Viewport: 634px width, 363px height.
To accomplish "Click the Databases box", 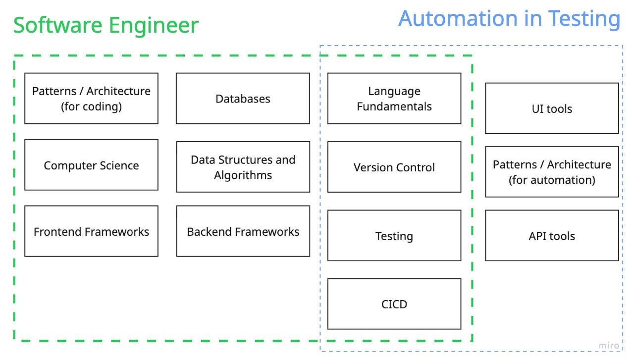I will pyautogui.click(x=243, y=99).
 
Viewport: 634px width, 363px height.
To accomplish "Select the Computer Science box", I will pyautogui.click(x=91, y=165).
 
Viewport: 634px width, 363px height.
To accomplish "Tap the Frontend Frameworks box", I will pyautogui.click(x=91, y=231).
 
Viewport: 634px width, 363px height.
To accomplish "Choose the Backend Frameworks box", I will pyautogui.click(x=243, y=231).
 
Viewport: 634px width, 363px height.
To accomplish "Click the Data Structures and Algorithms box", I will pyautogui.click(x=243, y=167).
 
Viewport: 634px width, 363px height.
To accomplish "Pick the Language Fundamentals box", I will pyautogui.click(x=394, y=99).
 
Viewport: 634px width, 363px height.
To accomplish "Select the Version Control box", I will pyautogui.click(x=394, y=167).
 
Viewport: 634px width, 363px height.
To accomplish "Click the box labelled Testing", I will pyautogui.click(x=394, y=236).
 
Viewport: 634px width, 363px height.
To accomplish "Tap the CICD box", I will pyautogui.click(x=394, y=304).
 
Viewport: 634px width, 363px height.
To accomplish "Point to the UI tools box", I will pyautogui.click(x=552, y=108).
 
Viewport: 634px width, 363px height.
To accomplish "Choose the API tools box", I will pyautogui.click(x=552, y=236).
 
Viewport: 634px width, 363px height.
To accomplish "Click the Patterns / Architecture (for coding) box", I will pyautogui.click(x=91, y=99).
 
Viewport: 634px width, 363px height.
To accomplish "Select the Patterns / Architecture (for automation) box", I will pyautogui.click(x=552, y=172).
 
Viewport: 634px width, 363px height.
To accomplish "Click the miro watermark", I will pyautogui.click(x=609, y=346).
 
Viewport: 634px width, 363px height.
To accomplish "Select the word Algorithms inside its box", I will pyautogui.click(x=243, y=175).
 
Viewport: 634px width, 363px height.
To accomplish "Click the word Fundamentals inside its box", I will pyautogui.click(x=394, y=106).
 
